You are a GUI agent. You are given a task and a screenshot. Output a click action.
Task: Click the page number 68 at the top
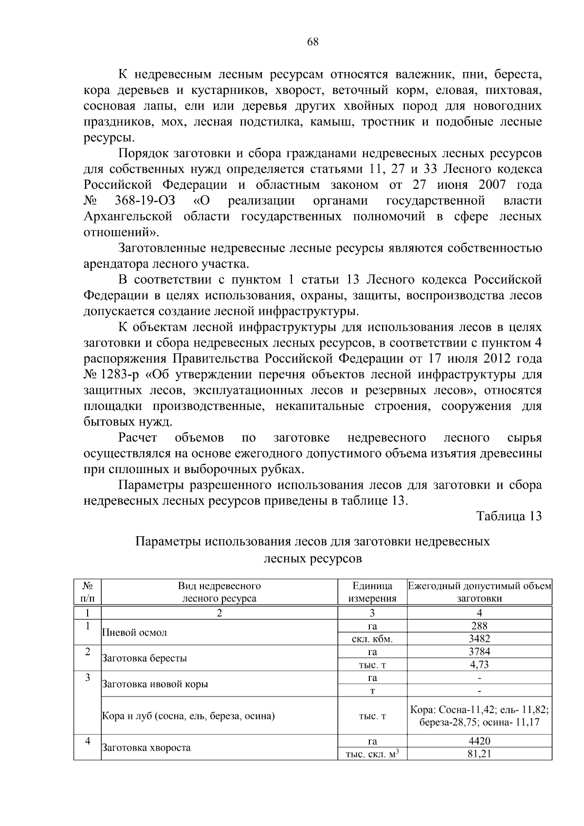click(312, 42)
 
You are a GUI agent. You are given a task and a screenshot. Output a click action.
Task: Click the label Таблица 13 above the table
click(509, 516)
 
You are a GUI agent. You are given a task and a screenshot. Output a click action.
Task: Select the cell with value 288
click(479, 626)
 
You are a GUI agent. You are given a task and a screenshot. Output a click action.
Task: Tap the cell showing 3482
click(479, 639)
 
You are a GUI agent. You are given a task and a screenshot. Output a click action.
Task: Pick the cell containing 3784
click(479, 652)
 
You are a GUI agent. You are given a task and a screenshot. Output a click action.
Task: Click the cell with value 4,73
click(479, 664)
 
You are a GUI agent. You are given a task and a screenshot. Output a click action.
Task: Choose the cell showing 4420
click(479, 741)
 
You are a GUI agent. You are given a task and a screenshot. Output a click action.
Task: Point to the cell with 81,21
click(479, 754)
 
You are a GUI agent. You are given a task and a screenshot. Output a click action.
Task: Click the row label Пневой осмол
click(134, 633)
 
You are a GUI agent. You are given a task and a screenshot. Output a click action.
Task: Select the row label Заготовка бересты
click(144, 659)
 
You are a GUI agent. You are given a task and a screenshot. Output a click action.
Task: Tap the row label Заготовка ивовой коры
click(155, 684)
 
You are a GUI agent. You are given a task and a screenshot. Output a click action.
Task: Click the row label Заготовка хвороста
click(146, 748)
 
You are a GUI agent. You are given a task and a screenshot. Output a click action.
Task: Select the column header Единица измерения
click(372, 592)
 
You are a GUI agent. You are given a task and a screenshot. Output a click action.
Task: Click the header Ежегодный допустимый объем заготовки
click(479, 592)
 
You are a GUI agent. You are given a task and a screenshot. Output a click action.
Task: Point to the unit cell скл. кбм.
click(372, 639)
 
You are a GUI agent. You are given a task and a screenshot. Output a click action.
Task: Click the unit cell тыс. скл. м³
click(372, 754)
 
